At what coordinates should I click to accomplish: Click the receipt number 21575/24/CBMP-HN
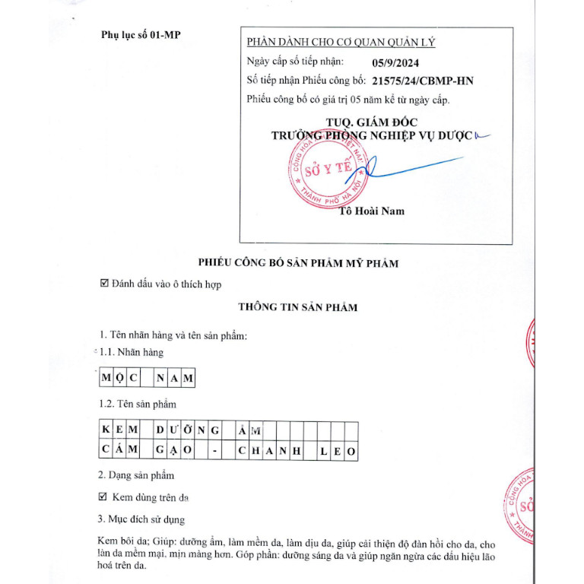point(423,80)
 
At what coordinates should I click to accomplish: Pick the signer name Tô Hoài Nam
point(372,211)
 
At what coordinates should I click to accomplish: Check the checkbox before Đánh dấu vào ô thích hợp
point(105,284)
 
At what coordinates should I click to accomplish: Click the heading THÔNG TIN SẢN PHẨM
point(298,307)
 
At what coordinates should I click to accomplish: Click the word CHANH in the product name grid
point(269,452)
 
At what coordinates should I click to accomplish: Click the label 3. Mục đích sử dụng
point(142,520)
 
